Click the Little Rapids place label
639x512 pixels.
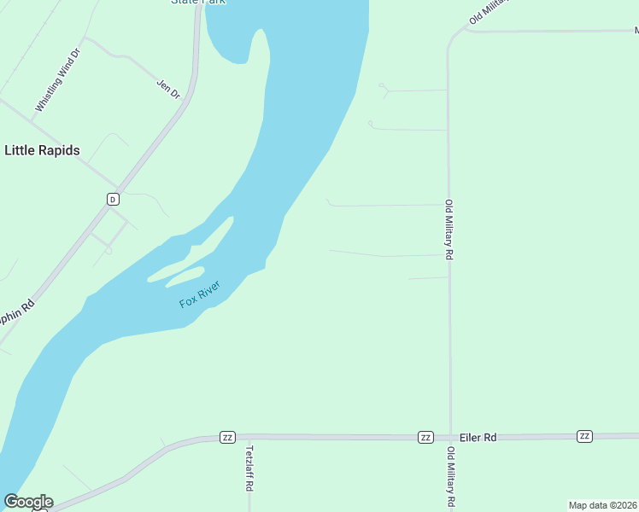tap(43, 150)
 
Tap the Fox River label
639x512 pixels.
tap(200, 294)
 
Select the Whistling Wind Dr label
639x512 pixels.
tap(57, 80)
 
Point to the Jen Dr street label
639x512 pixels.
tap(168, 89)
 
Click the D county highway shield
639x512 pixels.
tap(112, 199)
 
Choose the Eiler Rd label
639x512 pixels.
tap(478, 437)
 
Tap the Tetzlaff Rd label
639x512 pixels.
tap(249, 468)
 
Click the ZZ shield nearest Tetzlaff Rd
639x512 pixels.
tap(227, 437)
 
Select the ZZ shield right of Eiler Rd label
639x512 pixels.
tap(584, 436)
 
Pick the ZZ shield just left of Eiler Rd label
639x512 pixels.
tap(425, 437)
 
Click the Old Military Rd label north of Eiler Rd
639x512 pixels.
tap(448, 228)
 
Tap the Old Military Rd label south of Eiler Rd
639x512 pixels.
tap(449, 477)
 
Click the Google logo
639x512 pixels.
tap(28, 502)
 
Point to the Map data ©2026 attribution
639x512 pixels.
tap(602, 504)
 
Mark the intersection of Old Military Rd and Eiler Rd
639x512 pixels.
tap(450, 437)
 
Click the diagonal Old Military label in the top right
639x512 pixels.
tap(489, 12)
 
